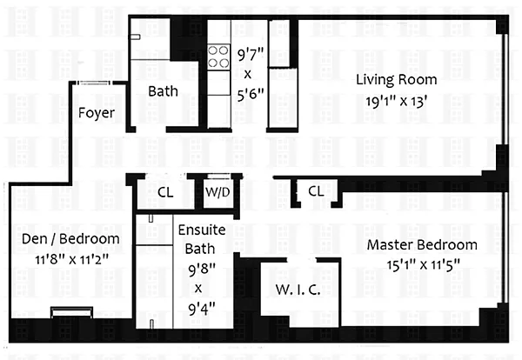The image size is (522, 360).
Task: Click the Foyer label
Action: coord(97,113)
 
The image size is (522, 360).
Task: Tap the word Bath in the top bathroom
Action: coord(163,91)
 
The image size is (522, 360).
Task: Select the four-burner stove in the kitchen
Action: coord(218,57)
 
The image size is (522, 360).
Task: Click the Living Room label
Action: coord(397,80)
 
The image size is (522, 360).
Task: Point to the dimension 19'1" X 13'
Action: coord(396,101)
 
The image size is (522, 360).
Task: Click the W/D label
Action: coord(217,192)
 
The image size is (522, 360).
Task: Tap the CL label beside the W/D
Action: coord(165,192)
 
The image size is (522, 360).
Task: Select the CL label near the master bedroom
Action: coord(316,191)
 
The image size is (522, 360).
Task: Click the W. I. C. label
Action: coord(298,290)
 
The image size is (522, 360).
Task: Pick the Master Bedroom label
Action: coord(422,245)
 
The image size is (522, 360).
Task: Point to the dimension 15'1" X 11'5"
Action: coord(423,265)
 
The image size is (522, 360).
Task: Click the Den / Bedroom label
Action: coord(70,239)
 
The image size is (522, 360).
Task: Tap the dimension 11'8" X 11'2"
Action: coord(72,259)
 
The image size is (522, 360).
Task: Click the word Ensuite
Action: coord(202,230)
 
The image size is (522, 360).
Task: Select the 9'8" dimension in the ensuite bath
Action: coord(202,270)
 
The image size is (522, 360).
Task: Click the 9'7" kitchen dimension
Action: coord(251,54)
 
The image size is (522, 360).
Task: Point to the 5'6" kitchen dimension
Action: coord(251,94)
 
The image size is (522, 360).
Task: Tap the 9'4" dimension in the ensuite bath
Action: coord(202,309)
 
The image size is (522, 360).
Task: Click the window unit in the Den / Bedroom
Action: coord(71,312)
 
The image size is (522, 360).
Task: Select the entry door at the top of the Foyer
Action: coord(95,83)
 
